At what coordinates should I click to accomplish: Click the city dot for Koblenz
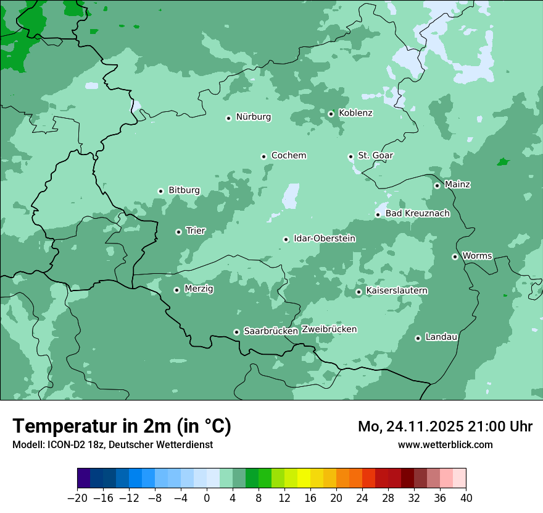click(x=331, y=114)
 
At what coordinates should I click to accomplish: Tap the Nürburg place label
click(x=253, y=117)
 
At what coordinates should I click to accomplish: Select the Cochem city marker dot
click(x=263, y=156)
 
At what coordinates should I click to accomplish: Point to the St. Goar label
click(x=375, y=155)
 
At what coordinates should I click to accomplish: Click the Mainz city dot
click(x=437, y=185)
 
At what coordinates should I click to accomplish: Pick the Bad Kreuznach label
click(x=417, y=213)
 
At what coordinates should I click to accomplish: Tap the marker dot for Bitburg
click(x=160, y=191)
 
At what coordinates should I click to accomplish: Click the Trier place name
click(x=196, y=231)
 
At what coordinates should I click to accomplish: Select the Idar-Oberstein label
click(x=324, y=238)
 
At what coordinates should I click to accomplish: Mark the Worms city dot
click(x=455, y=256)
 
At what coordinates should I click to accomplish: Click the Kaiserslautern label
click(x=397, y=290)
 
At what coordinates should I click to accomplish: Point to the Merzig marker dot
click(x=176, y=290)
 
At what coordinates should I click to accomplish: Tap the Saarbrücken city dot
click(x=236, y=332)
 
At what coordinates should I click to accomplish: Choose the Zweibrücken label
click(x=329, y=329)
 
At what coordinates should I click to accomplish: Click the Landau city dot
click(x=418, y=338)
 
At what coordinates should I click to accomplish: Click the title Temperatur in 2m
click(x=122, y=426)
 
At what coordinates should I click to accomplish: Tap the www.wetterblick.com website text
click(x=445, y=444)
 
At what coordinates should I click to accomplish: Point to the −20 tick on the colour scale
click(x=77, y=498)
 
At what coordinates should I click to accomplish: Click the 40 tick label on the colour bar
click(x=466, y=498)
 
